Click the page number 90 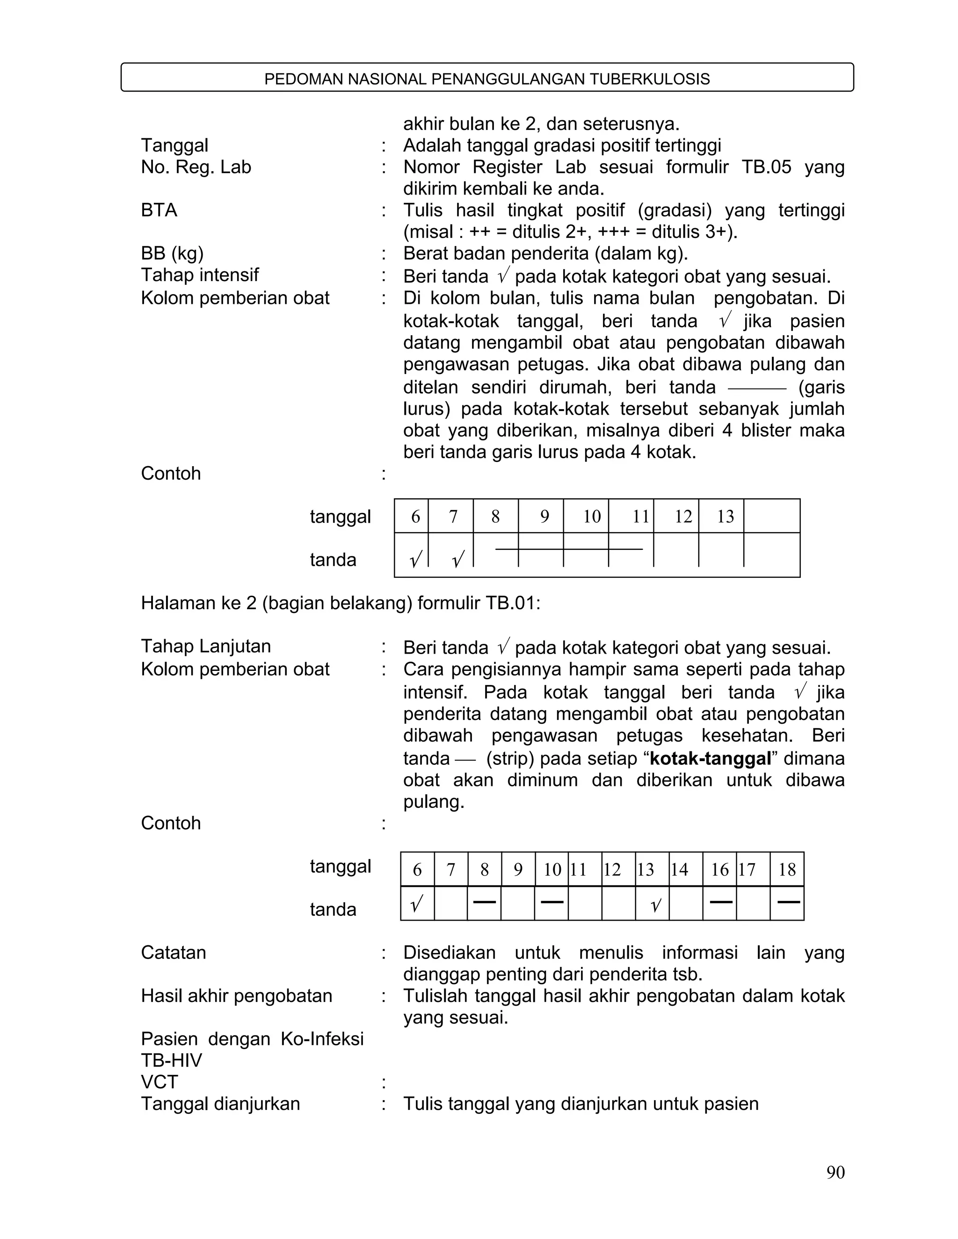[x=835, y=1172]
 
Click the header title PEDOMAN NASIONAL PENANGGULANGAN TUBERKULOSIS [x=487, y=79]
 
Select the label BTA [x=159, y=210]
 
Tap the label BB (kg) [x=172, y=253]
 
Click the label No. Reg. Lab [x=196, y=167]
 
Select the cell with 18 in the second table [x=787, y=870]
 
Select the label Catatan [x=173, y=952]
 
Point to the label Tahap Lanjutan [x=205, y=646]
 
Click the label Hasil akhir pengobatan [x=236, y=995]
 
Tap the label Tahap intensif [x=200, y=275]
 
